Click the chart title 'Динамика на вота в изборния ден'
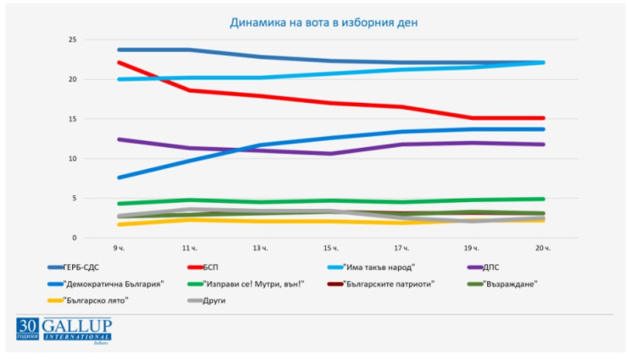point(323,22)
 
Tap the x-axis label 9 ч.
point(119,248)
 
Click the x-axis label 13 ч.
point(261,248)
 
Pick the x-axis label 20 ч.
point(544,248)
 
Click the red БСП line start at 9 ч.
point(119,62)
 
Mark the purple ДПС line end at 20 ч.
point(544,144)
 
